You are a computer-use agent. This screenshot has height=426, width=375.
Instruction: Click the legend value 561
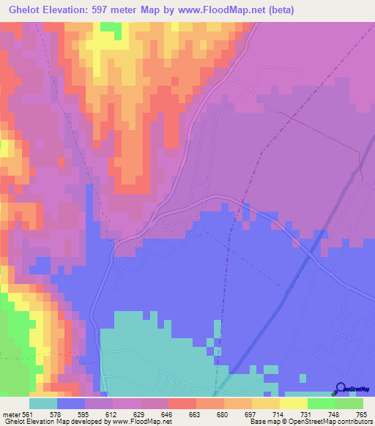pos(28,414)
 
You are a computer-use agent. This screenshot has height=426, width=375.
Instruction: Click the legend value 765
pos(361,414)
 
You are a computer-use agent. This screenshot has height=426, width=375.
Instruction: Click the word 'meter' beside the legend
pos(10,414)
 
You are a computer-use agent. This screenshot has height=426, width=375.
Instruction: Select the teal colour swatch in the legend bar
pos(43,403)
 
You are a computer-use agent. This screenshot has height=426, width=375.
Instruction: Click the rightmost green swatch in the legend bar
pos(349,403)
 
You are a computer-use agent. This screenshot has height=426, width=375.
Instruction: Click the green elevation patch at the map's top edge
pos(111,27)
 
